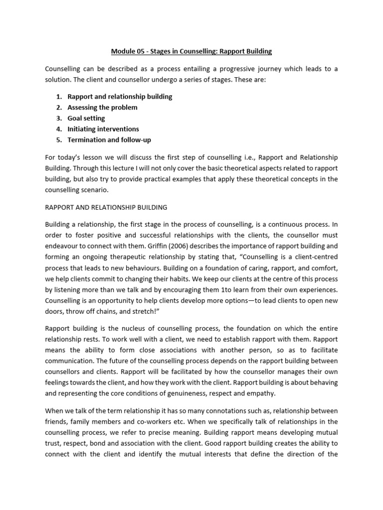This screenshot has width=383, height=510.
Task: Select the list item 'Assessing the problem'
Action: pyautogui.click(x=102, y=107)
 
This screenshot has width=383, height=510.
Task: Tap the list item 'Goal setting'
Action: pyautogui.click(x=86, y=118)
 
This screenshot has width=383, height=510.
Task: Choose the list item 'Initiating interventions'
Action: pyautogui.click(x=103, y=129)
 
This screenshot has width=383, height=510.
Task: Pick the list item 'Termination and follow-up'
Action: pyautogui.click(x=109, y=140)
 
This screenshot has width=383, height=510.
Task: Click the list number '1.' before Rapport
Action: pyautogui.click(x=59, y=96)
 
